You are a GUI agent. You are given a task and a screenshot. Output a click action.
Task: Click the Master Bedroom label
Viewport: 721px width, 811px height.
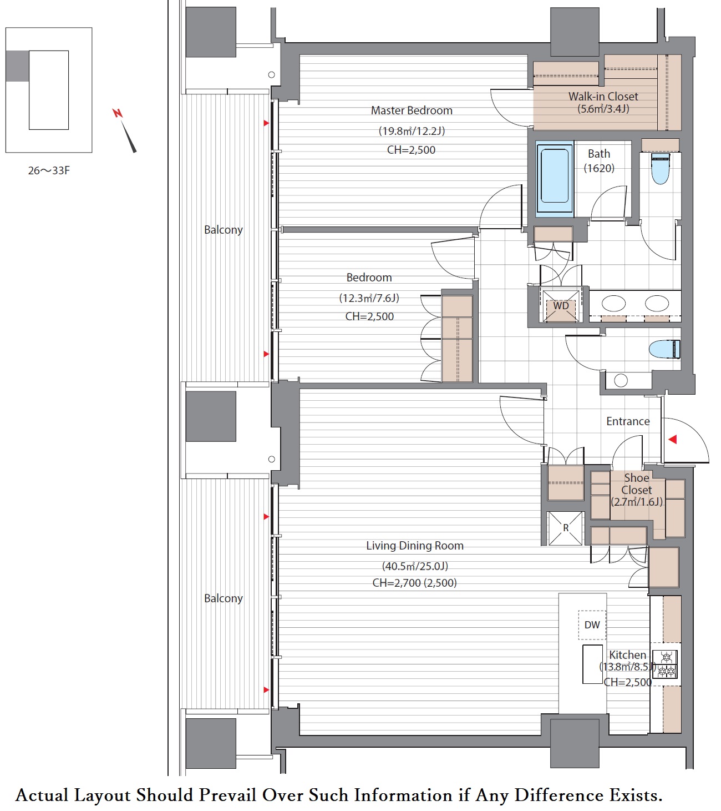coord(412,110)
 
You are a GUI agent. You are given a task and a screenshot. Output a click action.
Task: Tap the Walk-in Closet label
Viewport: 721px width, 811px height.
coord(603,97)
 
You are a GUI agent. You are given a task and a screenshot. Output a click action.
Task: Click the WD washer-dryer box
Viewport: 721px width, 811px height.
coord(561,305)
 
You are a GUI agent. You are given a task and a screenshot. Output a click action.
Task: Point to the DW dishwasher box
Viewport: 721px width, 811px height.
coord(592,624)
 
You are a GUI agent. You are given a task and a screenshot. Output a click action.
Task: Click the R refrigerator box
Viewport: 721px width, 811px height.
coord(566,528)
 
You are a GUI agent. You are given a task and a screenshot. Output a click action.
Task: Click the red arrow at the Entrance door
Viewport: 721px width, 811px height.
coord(673,439)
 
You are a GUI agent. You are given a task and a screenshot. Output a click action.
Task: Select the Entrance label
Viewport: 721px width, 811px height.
coord(628,421)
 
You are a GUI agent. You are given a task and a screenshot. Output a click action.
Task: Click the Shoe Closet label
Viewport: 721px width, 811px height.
coord(637,483)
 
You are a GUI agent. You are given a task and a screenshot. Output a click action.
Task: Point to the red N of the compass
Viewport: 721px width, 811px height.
coord(118,113)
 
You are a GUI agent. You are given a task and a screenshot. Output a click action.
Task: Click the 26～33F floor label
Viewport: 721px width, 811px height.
coord(49,170)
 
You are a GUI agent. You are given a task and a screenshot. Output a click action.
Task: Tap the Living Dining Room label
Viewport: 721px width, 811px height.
coord(415,546)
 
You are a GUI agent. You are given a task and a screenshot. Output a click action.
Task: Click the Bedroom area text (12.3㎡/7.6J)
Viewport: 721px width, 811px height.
coord(369,298)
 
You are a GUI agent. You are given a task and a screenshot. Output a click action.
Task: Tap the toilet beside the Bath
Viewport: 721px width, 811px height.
coord(660,168)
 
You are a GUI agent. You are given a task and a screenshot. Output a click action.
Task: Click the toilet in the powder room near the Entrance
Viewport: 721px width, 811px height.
coord(664,349)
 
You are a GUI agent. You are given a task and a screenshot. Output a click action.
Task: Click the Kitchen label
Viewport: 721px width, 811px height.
coord(627,655)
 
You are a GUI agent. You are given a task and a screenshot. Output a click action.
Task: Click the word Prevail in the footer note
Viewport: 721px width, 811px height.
coord(228,795)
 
